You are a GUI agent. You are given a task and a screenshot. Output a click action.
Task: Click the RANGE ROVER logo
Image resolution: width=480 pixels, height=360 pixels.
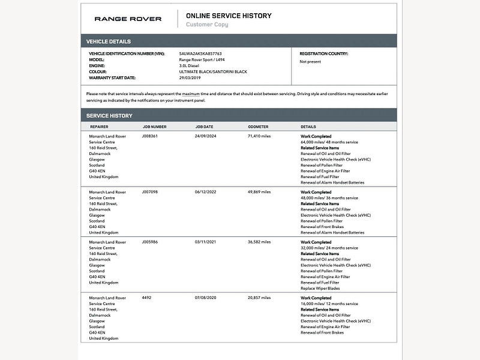click(128, 19)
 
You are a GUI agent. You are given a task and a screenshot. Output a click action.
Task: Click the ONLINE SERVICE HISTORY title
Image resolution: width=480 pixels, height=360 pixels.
click(229, 16)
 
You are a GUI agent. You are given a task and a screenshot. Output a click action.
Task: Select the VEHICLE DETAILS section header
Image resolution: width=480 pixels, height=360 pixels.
click(109, 41)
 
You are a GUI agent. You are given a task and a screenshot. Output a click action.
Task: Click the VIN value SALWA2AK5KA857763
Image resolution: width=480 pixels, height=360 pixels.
click(200, 53)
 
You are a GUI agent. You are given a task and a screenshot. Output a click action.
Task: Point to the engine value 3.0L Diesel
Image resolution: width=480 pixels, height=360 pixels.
click(191, 65)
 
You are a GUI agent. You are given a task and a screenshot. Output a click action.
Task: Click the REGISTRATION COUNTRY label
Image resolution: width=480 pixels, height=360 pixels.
click(324, 53)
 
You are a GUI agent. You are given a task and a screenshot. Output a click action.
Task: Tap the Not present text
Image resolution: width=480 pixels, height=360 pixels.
click(310, 61)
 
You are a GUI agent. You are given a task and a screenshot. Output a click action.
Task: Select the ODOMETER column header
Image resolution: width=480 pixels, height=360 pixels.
click(258, 127)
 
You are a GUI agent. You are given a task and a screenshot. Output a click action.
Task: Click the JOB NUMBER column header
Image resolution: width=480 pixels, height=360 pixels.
click(155, 127)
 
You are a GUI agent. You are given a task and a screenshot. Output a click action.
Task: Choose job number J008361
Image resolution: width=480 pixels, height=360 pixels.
click(150, 136)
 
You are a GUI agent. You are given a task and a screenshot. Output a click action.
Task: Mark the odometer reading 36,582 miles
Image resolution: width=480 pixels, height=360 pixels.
click(259, 242)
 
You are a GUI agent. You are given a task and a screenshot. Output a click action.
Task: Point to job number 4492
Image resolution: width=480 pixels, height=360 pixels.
click(146, 298)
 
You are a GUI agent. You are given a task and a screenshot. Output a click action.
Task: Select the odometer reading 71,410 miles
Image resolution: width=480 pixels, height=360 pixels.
click(259, 136)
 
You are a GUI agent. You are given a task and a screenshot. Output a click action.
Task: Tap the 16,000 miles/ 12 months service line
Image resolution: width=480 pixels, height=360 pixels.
click(329, 304)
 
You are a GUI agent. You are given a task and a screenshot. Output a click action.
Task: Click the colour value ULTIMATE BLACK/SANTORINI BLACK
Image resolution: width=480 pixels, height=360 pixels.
click(213, 71)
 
